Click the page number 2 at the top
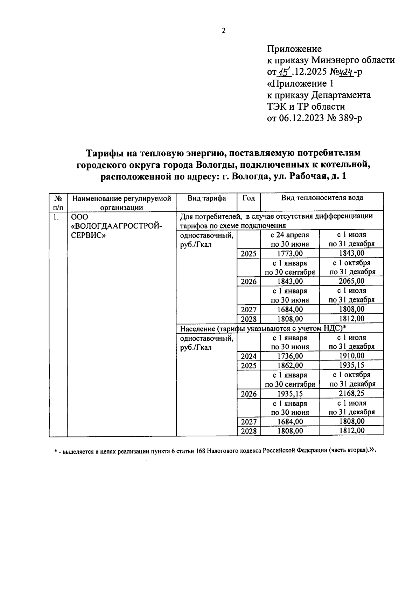pyautogui.click(x=224, y=30)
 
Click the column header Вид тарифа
pyautogui.click(x=206, y=198)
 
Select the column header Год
pyautogui.click(x=248, y=198)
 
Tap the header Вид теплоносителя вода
pyautogui.click(x=322, y=198)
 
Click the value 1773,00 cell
pyautogui.click(x=290, y=253)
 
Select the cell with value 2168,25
pyautogui.click(x=351, y=394)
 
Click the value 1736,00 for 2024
pyautogui.click(x=290, y=356)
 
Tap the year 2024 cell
pyautogui.click(x=248, y=356)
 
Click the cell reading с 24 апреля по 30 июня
pyautogui.click(x=290, y=239)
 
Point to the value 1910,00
pyautogui.click(x=351, y=356)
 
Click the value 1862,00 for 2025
pyautogui.click(x=290, y=365)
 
